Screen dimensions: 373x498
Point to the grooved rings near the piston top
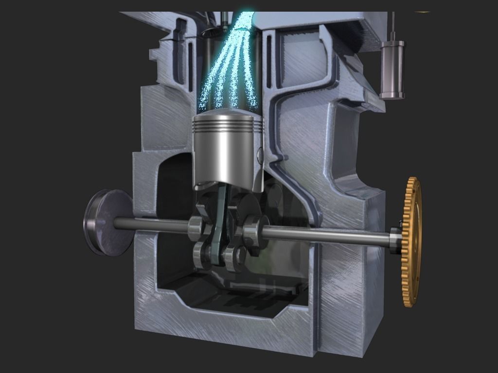coord(227,125)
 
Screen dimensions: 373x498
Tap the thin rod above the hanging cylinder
coord(392,27)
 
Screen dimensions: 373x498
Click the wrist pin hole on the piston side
coord(260,154)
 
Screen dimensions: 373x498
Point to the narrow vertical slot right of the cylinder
coord(267,68)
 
